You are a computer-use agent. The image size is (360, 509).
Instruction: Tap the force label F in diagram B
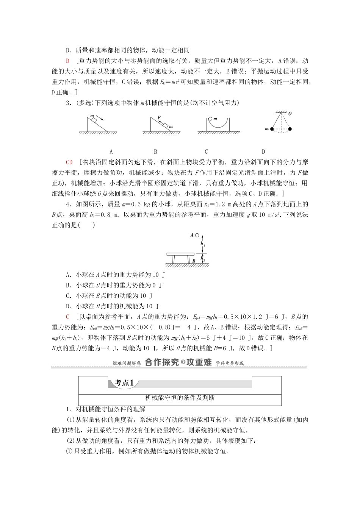tap(159, 118)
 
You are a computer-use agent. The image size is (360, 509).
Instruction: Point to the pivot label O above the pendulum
tap(290, 114)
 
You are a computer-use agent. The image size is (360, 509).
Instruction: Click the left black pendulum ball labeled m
tap(272, 129)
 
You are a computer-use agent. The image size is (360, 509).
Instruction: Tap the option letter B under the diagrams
tap(155, 151)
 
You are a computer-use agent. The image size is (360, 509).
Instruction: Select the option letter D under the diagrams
tap(263, 151)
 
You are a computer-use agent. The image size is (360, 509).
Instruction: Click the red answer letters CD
tap(69, 162)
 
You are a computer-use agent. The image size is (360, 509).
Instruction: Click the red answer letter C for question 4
tap(67, 317)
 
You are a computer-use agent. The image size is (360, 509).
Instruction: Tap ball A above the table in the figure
tap(197, 235)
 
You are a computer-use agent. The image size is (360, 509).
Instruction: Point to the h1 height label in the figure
tap(204, 245)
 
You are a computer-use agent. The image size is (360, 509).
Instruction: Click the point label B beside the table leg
tap(193, 261)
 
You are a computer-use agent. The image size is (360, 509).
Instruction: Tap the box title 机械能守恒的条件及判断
tap(180, 398)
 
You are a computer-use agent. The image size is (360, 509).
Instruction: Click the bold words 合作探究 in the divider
tap(162, 362)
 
